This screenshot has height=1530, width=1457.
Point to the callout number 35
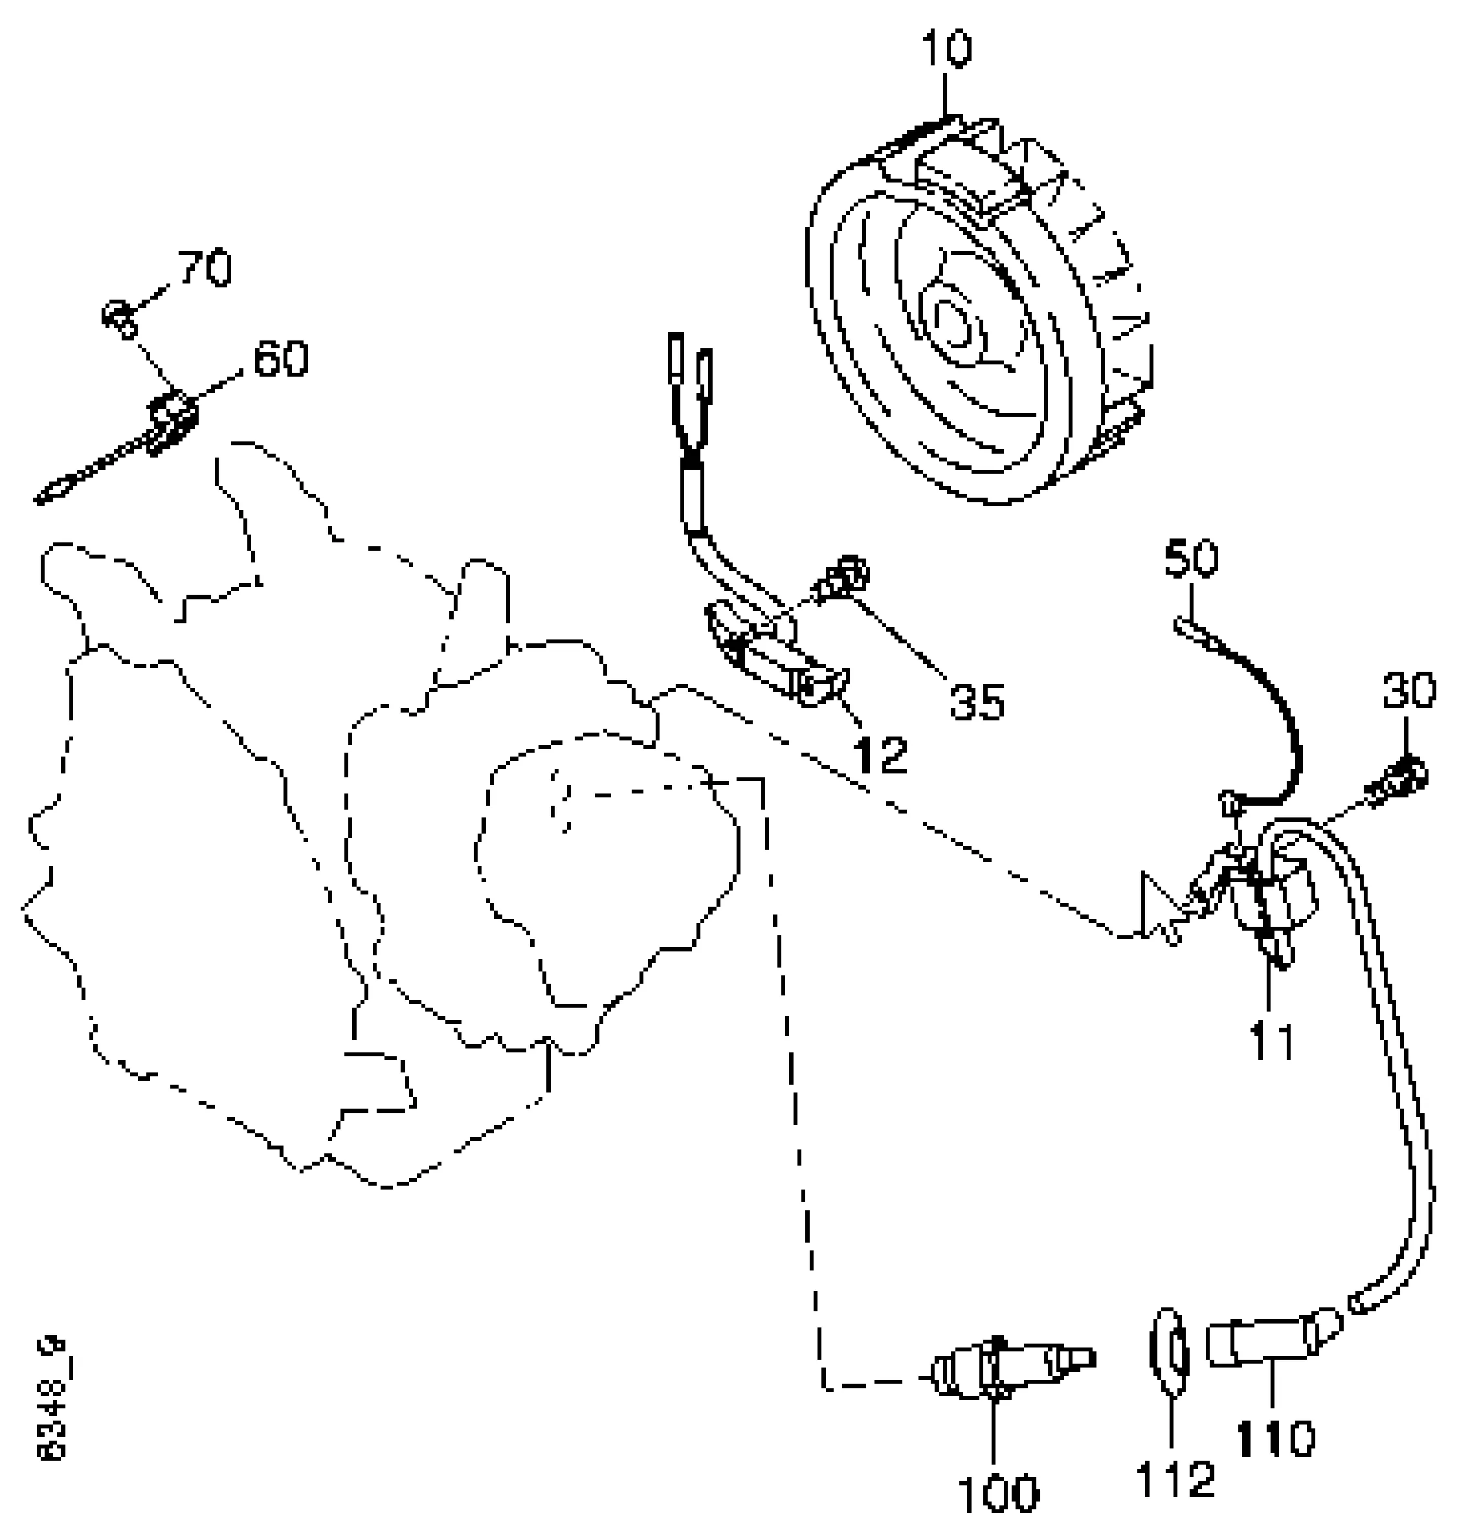976,702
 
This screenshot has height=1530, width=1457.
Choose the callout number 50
1192,559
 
